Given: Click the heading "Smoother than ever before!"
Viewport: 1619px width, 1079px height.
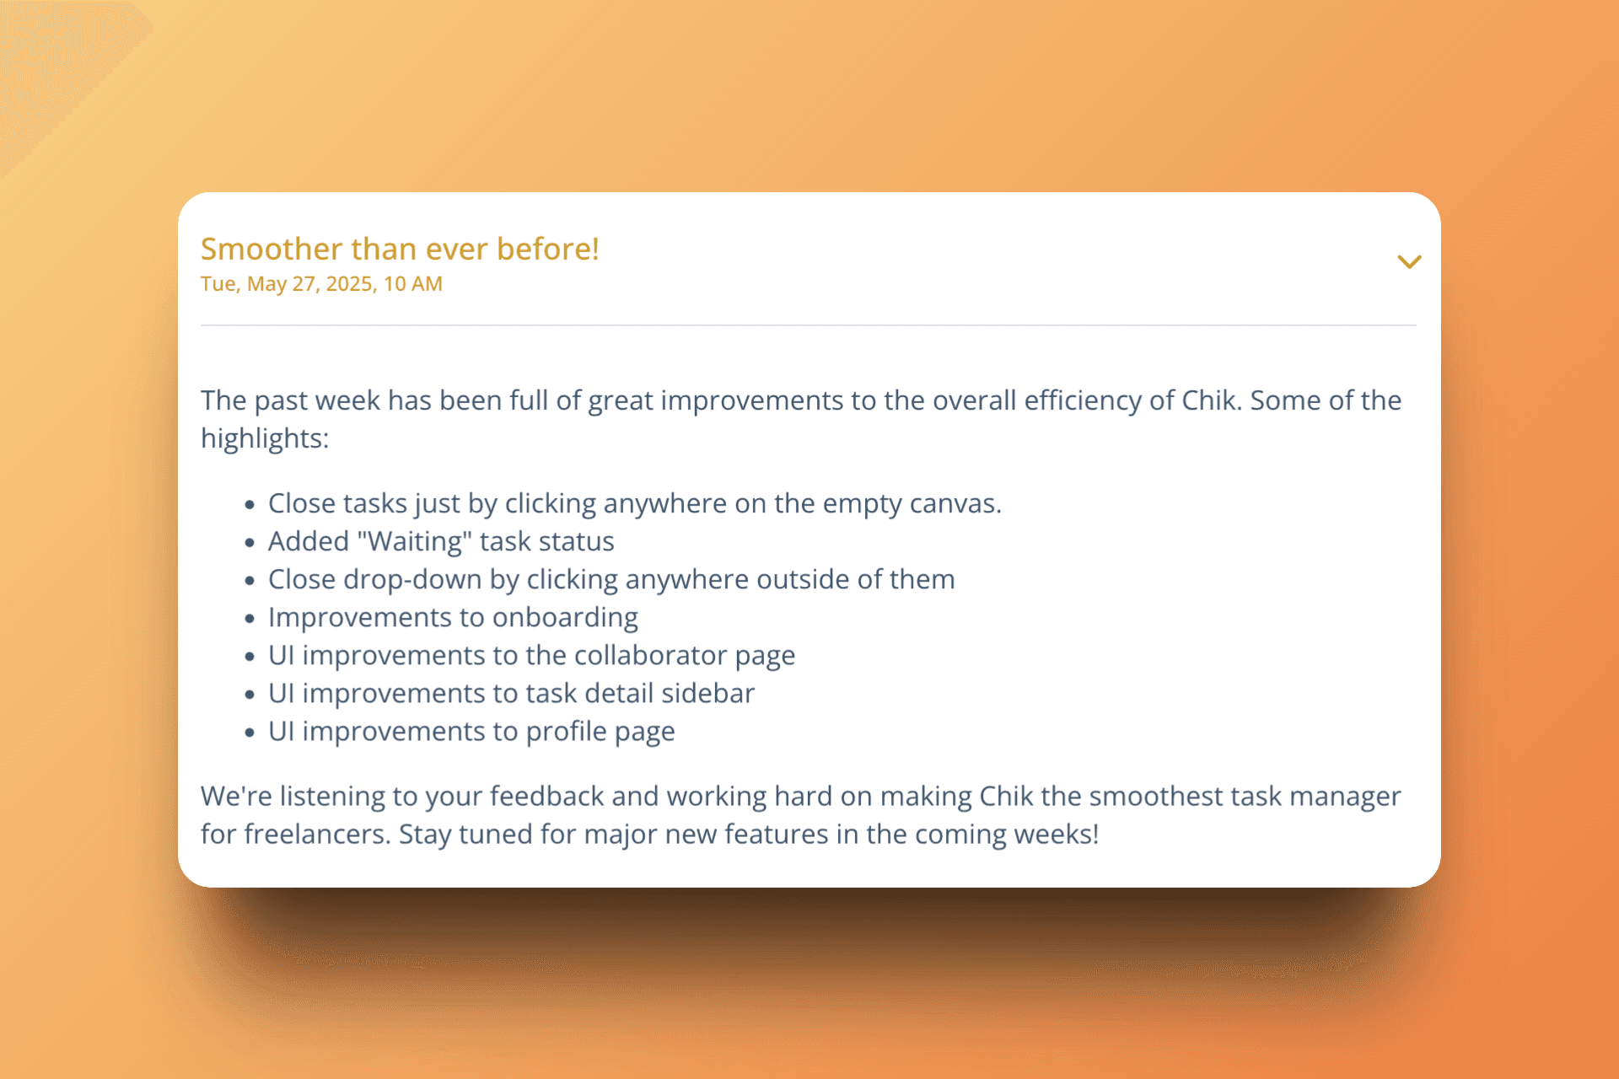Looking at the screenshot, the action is click(400, 250).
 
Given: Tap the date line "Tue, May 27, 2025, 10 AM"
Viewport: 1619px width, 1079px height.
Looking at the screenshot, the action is click(321, 284).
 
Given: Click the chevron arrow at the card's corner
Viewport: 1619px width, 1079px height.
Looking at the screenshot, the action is click(1409, 261).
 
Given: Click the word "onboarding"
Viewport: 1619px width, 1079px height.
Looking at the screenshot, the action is click(565, 618).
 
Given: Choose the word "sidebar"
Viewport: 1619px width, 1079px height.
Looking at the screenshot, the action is click(707, 693).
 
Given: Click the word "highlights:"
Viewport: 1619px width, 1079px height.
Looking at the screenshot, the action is click(265, 438).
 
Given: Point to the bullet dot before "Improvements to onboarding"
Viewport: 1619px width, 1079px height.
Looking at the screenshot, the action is click(250, 619).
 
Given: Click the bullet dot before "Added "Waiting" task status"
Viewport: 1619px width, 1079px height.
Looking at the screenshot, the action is click(250, 543).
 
